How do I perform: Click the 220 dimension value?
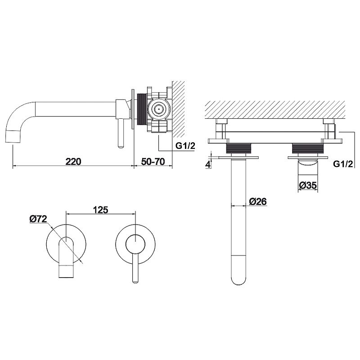click(x=73, y=162)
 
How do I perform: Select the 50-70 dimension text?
click(x=153, y=162)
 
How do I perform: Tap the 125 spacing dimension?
click(x=100, y=210)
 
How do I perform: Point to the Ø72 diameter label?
click(x=38, y=219)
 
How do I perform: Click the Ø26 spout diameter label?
click(x=258, y=201)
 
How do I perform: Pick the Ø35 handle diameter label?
click(x=308, y=185)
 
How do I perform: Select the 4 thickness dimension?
click(x=208, y=164)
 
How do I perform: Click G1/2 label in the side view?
click(x=185, y=145)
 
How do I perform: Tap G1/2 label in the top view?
click(x=343, y=164)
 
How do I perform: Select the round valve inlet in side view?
click(x=158, y=109)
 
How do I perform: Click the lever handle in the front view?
click(x=136, y=268)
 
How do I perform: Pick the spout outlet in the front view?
click(x=66, y=272)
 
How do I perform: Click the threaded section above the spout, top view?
click(x=239, y=148)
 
